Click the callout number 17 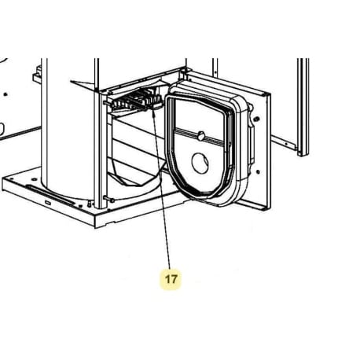(171, 279)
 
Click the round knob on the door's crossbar (201, 136)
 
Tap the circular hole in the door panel (200, 163)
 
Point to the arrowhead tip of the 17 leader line (152, 112)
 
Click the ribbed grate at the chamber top (136, 101)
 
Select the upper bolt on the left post (105, 102)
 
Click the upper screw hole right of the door (257, 119)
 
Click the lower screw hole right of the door (258, 172)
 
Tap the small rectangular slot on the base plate (48, 203)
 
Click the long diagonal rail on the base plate (50, 195)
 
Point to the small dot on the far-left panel (6, 94)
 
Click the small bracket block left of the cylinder (37, 75)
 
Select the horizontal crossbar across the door (201, 138)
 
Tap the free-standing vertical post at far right (303, 107)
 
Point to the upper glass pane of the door (200, 115)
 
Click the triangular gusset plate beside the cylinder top (84, 86)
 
